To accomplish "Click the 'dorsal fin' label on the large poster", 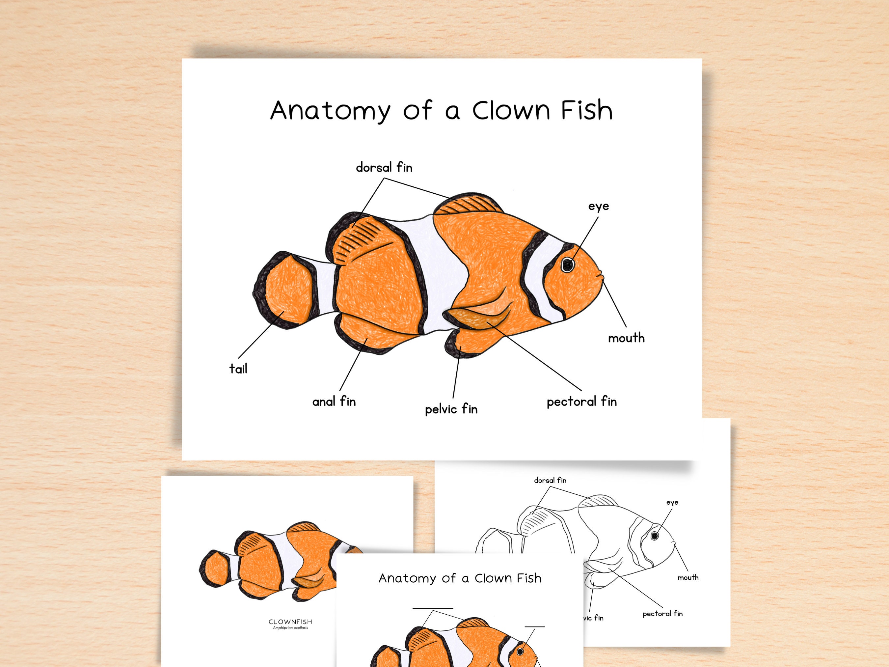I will (x=384, y=167).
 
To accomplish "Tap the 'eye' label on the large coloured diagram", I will (x=598, y=206).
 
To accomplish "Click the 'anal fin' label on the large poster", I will (x=334, y=401).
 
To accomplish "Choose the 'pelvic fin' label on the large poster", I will (x=451, y=409).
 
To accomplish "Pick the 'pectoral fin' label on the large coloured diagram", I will (x=581, y=401).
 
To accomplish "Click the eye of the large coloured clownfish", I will (x=568, y=264).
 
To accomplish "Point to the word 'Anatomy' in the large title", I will (x=330, y=111).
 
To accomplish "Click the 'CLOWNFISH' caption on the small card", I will (x=290, y=622).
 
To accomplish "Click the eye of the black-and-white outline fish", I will (x=655, y=536).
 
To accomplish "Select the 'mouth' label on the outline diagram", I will (x=688, y=577).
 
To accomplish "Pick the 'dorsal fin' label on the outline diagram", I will (x=550, y=480).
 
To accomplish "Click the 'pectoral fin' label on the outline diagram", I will (x=662, y=614).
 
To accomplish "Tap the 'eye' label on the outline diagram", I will (x=672, y=503).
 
